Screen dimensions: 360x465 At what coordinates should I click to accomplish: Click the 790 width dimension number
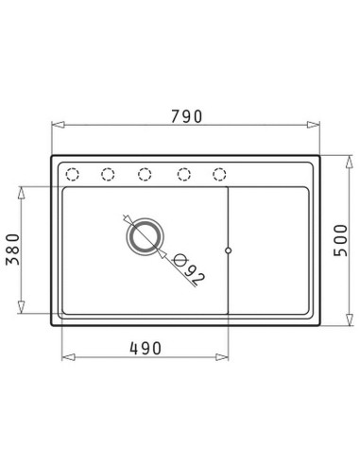186,116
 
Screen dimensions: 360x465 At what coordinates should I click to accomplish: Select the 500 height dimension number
340,240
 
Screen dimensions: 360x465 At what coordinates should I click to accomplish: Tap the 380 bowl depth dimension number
13,250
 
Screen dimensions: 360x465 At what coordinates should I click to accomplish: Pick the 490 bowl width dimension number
146,348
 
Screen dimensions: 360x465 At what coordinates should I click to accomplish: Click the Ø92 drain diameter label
189,268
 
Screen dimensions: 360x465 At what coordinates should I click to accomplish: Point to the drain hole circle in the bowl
145,236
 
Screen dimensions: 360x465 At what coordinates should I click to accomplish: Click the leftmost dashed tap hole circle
72,174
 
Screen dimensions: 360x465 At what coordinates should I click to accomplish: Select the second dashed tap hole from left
108,174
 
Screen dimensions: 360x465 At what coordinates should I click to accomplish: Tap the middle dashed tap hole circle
145,174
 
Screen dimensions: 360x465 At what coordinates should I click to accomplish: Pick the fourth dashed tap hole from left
184,174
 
